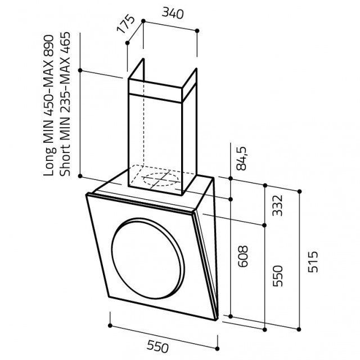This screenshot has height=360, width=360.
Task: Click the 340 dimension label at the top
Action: tap(173, 13)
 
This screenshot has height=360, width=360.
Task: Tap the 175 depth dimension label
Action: tap(126, 24)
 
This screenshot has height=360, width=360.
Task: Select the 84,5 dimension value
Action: tap(242, 159)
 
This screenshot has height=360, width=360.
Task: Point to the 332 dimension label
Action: tap(277, 205)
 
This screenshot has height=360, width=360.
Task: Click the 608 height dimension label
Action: tap(242, 256)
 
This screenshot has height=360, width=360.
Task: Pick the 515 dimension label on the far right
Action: tap(313, 262)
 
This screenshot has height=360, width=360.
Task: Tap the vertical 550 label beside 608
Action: tap(277, 276)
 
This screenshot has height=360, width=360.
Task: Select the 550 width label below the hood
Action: tap(157, 346)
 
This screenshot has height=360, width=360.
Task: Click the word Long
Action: tap(49, 161)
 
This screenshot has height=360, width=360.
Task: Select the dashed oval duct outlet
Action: tap(160, 179)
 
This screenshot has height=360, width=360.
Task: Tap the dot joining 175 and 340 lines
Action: tap(143, 21)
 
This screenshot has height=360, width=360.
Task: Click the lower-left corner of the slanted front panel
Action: tap(109, 297)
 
